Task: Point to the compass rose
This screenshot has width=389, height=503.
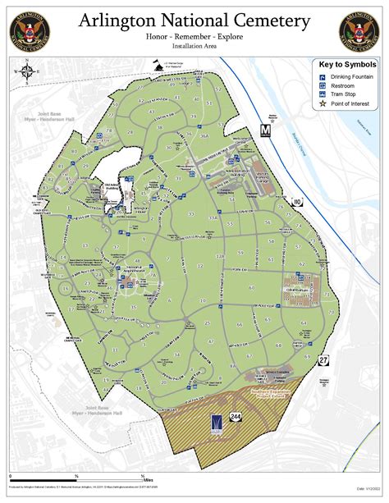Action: click(28, 74)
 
